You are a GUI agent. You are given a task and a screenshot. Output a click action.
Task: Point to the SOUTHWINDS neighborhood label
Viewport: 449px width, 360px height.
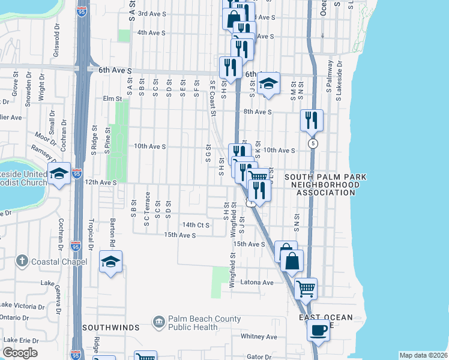tap(111, 328)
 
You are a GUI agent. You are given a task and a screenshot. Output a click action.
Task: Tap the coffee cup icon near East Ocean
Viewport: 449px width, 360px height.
tap(318, 329)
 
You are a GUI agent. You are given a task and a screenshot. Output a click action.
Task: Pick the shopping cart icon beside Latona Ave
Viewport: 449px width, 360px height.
tap(306, 289)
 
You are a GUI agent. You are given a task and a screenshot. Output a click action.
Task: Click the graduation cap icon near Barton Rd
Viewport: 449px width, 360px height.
tap(111, 261)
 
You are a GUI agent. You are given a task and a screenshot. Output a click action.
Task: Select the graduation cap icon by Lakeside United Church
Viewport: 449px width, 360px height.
tap(59, 174)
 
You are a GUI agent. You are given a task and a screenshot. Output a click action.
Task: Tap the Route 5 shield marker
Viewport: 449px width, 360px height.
tap(313, 144)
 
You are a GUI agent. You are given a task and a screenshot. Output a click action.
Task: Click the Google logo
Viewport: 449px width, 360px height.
tap(20, 353)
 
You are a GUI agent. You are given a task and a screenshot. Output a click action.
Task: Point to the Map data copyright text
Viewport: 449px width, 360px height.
tap(423, 355)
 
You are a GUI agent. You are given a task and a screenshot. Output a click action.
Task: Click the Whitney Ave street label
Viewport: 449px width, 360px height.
tap(259, 337)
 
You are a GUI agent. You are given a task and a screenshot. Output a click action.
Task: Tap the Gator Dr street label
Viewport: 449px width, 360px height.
tap(259, 356)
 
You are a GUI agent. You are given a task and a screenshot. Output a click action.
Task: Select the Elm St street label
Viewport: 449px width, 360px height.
tap(112, 98)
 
